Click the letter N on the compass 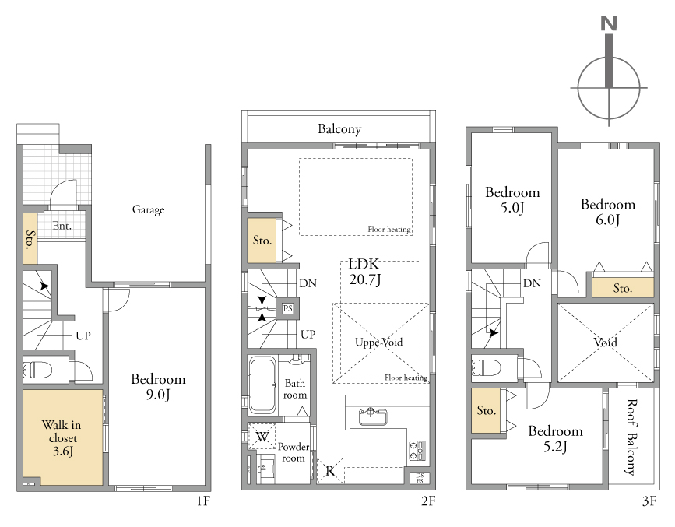608,23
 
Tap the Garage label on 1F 148,209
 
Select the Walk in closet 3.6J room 62,437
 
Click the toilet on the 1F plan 37,370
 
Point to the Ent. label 62,226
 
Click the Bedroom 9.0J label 158,387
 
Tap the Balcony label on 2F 339,128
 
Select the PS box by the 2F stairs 287,308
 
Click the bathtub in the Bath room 262,385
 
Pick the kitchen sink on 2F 373,416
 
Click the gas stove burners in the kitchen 417,451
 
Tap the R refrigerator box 330,471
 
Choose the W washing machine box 262,437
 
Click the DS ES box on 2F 420,478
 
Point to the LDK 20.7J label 364,272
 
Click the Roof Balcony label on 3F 631,437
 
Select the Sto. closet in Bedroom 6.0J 623,287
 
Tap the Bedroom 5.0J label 512,200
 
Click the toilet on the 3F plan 487,368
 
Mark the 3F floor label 649,501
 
